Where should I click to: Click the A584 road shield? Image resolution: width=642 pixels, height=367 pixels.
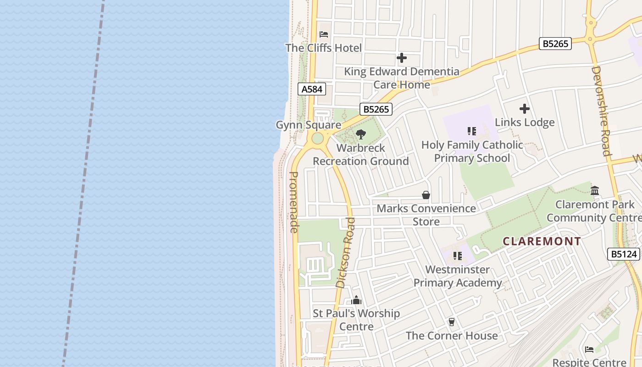tap(312, 89)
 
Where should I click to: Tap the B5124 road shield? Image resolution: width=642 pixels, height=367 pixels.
tap(624, 254)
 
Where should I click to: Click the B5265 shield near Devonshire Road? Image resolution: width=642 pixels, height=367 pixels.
tap(555, 44)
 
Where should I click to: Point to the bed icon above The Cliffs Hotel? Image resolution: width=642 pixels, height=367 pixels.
tap(324, 34)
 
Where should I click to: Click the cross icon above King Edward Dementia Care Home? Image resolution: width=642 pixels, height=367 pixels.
tap(401, 58)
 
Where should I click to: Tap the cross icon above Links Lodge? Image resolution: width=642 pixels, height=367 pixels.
tap(525, 109)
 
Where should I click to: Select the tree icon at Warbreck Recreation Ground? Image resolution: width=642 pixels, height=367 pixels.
tap(361, 134)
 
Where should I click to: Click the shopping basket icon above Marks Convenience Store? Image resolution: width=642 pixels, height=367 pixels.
tap(426, 195)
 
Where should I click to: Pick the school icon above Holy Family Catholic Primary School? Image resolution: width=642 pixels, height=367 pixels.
tap(472, 132)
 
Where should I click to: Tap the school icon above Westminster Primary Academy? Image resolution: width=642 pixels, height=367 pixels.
tap(457, 256)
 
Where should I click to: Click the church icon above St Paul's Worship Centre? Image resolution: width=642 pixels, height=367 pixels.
tap(356, 300)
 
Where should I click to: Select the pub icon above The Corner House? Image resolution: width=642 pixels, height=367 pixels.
tap(452, 322)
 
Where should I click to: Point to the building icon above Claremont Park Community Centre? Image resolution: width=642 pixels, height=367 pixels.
tap(595, 190)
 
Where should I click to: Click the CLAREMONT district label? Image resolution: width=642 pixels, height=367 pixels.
tap(542, 241)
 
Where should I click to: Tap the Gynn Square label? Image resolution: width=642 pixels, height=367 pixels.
tap(308, 125)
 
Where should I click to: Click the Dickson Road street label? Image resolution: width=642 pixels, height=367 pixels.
tap(346, 253)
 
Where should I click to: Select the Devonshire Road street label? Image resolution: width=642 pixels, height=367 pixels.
tap(602, 111)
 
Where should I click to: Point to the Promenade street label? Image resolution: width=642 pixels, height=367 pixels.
tap(294, 202)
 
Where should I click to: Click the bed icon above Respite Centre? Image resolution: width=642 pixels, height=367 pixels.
tap(589, 350)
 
